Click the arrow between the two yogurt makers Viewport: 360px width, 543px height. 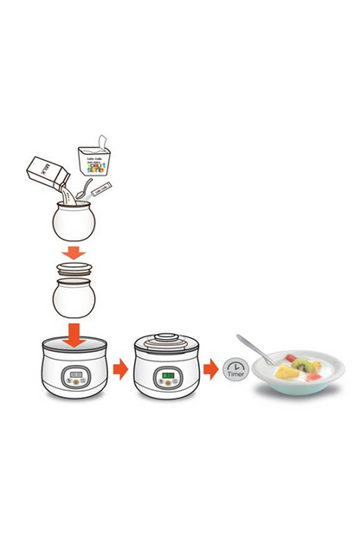coord(120,369)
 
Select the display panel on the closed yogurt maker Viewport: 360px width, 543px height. coord(167,379)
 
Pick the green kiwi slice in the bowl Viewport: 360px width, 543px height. coord(299,367)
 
